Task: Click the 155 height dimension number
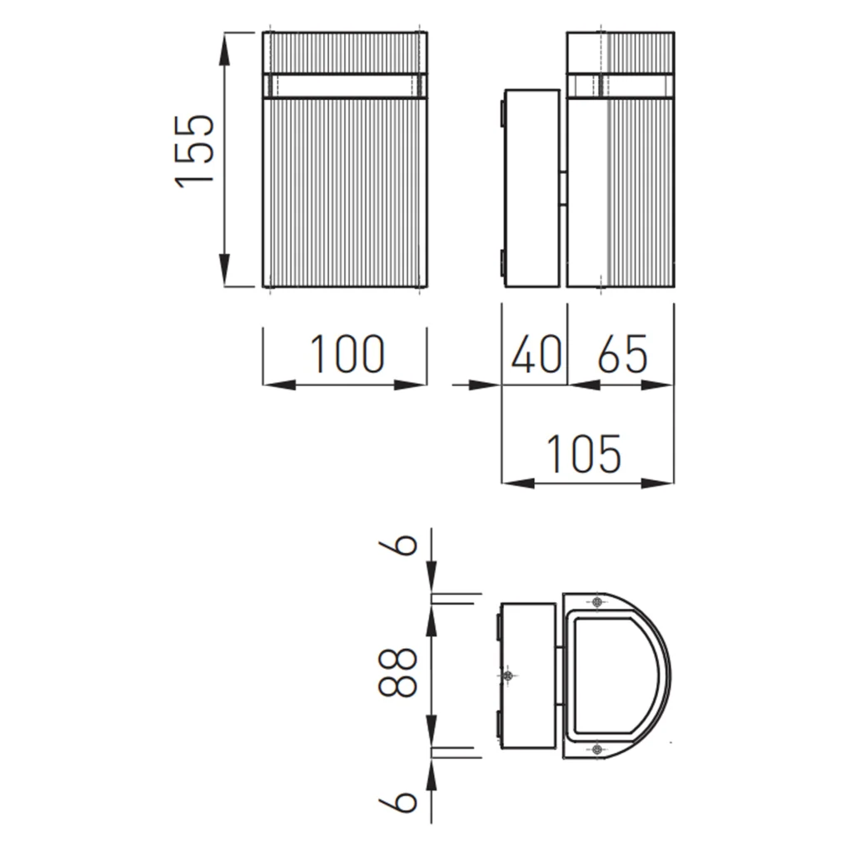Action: pyautogui.click(x=194, y=152)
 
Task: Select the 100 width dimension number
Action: pyautogui.click(x=347, y=354)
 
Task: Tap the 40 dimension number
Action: pyautogui.click(x=536, y=354)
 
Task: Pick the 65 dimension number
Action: pyautogui.click(x=622, y=354)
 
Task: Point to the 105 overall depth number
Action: pyautogui.click(x=582, y=453)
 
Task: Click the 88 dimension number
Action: pyautogui.click(x=397, y=672)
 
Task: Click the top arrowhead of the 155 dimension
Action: pyautogui.click(x=224, y=49)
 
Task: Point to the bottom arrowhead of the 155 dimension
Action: pyautogui.click(x=224, y=270)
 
